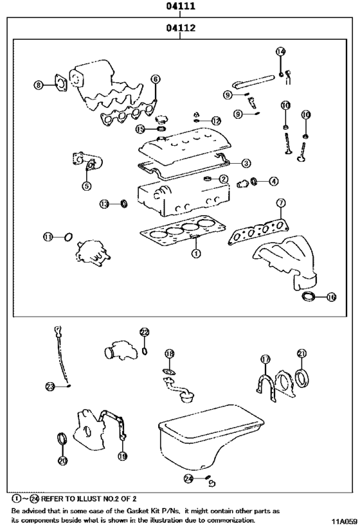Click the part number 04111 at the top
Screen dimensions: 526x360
tap(179, 7)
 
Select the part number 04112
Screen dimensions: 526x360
tap(179, 28)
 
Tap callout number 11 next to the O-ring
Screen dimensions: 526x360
tap(48, 237)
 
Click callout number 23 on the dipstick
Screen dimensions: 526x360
tap(51, 386)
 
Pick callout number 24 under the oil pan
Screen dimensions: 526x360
tap(188, 478)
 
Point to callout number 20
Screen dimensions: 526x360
tap(62, 460)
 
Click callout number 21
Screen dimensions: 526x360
tap(301, 353)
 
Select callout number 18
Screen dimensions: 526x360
tap(169, 354)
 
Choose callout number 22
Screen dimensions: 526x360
tap(144, 332)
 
